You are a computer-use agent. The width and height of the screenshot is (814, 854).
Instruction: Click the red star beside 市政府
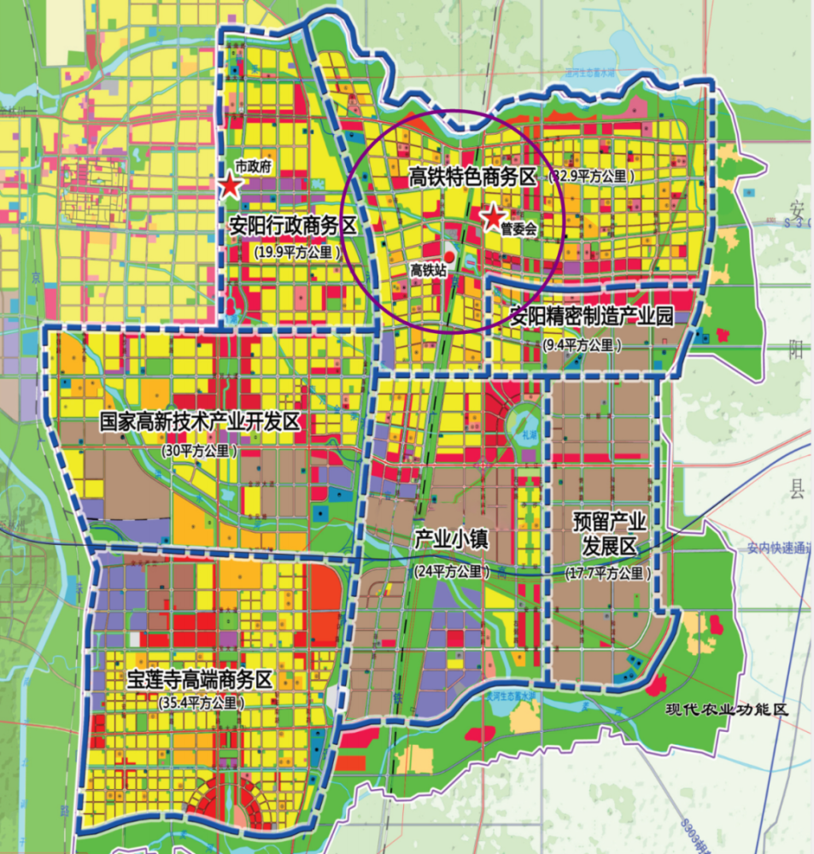point(230,187)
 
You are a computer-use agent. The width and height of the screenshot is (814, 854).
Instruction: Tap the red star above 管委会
point(494,218)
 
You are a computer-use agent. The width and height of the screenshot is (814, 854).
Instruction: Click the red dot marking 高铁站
point(449,256)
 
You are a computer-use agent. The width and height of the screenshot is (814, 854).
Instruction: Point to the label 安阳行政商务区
point(292,226)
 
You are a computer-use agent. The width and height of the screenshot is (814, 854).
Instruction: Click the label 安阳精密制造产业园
point(592,316)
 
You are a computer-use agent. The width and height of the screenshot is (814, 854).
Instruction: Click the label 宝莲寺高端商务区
point(199,680)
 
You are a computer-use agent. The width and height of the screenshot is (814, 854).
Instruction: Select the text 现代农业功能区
point(727,709)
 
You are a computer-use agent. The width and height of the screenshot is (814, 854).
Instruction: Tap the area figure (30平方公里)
point(201,450)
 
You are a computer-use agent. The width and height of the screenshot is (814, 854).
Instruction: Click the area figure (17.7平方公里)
point(608,574)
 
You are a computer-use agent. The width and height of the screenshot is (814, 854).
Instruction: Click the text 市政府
point(253,168)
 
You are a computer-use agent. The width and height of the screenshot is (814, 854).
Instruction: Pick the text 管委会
point(518,229)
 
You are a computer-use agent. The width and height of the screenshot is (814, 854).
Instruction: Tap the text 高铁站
point(429,269)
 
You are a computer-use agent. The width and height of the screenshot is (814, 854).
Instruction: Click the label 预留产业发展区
point(610,533)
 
